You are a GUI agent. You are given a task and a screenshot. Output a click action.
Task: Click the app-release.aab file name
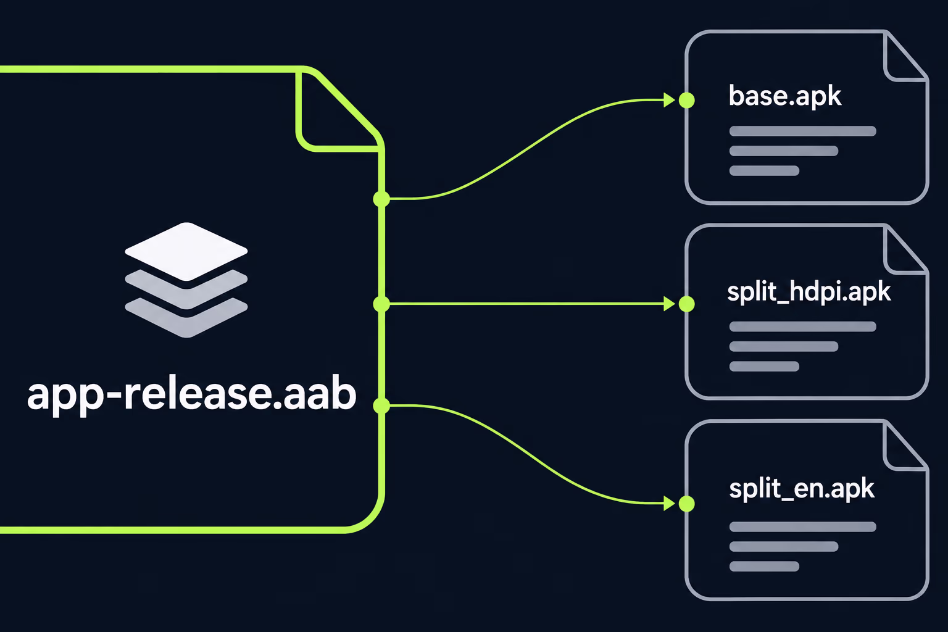(191, 394)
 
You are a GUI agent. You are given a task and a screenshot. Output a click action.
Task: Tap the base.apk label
(784, 96)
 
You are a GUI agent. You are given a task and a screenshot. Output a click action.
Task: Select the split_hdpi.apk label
(809, 292)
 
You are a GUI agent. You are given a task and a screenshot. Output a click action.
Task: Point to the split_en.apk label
(802, 489)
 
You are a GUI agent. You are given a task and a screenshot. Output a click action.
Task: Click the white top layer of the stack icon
(186, 251)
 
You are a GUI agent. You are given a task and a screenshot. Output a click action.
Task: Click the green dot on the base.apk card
(686, 101)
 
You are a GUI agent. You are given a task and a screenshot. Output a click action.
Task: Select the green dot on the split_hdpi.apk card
(686, 304)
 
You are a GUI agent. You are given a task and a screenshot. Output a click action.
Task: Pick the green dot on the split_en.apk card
(686, 504)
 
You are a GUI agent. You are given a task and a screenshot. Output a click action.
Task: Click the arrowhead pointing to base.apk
(669, 101)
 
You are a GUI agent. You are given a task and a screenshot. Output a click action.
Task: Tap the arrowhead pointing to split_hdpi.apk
(669, 304)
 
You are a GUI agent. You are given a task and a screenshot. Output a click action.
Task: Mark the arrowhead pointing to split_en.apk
(669, 504)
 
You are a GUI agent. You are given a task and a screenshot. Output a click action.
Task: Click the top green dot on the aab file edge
(381, 199)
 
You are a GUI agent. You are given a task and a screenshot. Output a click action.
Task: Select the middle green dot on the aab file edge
(381, 304)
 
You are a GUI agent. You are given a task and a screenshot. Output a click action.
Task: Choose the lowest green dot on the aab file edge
(381, 405)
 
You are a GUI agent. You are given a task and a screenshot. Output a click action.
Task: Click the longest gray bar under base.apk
(802, 131)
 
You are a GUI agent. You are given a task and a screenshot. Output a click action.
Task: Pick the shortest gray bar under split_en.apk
(764, 566)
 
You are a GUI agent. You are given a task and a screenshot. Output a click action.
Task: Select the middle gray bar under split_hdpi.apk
(783, 346)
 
